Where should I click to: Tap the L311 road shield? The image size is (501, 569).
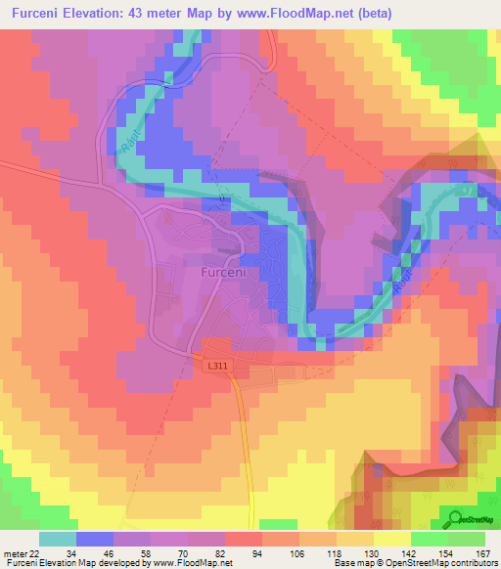[x=218, y=366]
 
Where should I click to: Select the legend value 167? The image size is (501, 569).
[x=480, y=553]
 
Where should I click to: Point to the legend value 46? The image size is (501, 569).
[x=108, y=553]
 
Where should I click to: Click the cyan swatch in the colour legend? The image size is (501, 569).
[x=58, y=539]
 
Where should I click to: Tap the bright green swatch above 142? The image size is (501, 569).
[x=430, y=539]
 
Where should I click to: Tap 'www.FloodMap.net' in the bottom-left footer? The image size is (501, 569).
[x=192, y=563]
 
